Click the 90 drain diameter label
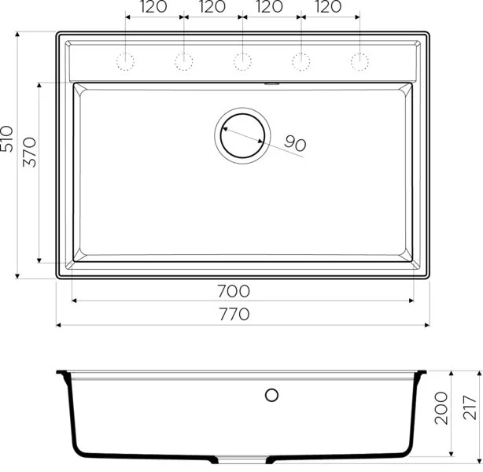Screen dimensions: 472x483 294,143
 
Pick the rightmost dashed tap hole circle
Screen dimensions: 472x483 359,61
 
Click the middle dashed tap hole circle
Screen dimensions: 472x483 242,61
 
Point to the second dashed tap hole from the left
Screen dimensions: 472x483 184,61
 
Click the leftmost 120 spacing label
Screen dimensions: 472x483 154,7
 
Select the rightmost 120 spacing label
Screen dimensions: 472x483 330,7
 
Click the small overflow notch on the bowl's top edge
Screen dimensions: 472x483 272,82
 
